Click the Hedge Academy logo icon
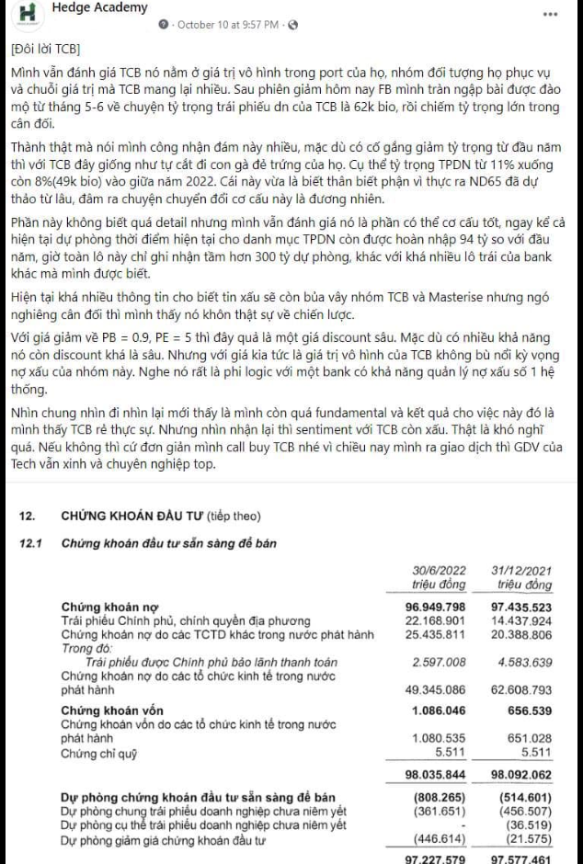tap(27, 14)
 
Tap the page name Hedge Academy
tap(99, 8)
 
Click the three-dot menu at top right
tap(550, 15)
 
